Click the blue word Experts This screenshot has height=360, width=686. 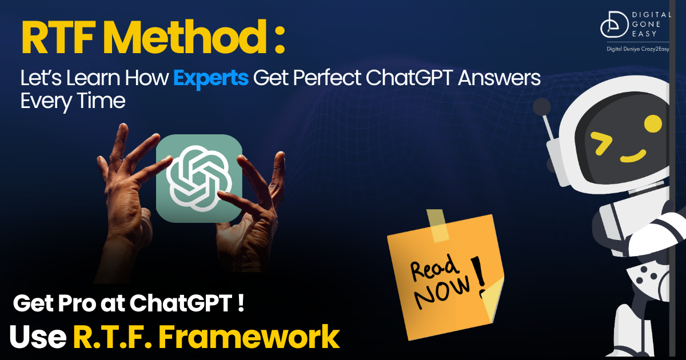pos(211,78)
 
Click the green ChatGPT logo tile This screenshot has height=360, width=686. pos(199,178)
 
